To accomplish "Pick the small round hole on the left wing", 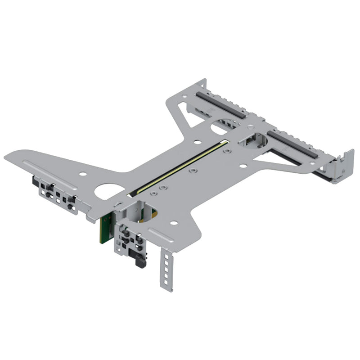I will pyautogui.click(x=82, y=174).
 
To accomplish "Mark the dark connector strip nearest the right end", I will pyautogui.click(x=292, y=144).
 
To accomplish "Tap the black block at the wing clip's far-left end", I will pyautogui.click(x=35, y=181).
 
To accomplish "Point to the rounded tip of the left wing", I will pyautogui.click(x=9, y=157).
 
